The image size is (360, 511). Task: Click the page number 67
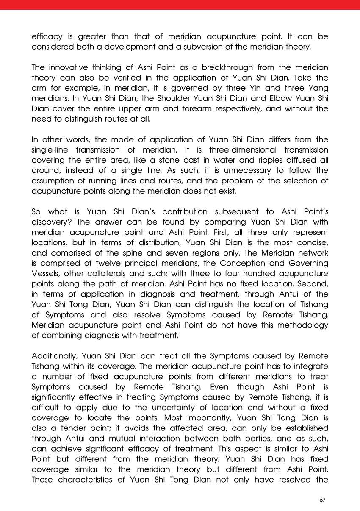point(322,500)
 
